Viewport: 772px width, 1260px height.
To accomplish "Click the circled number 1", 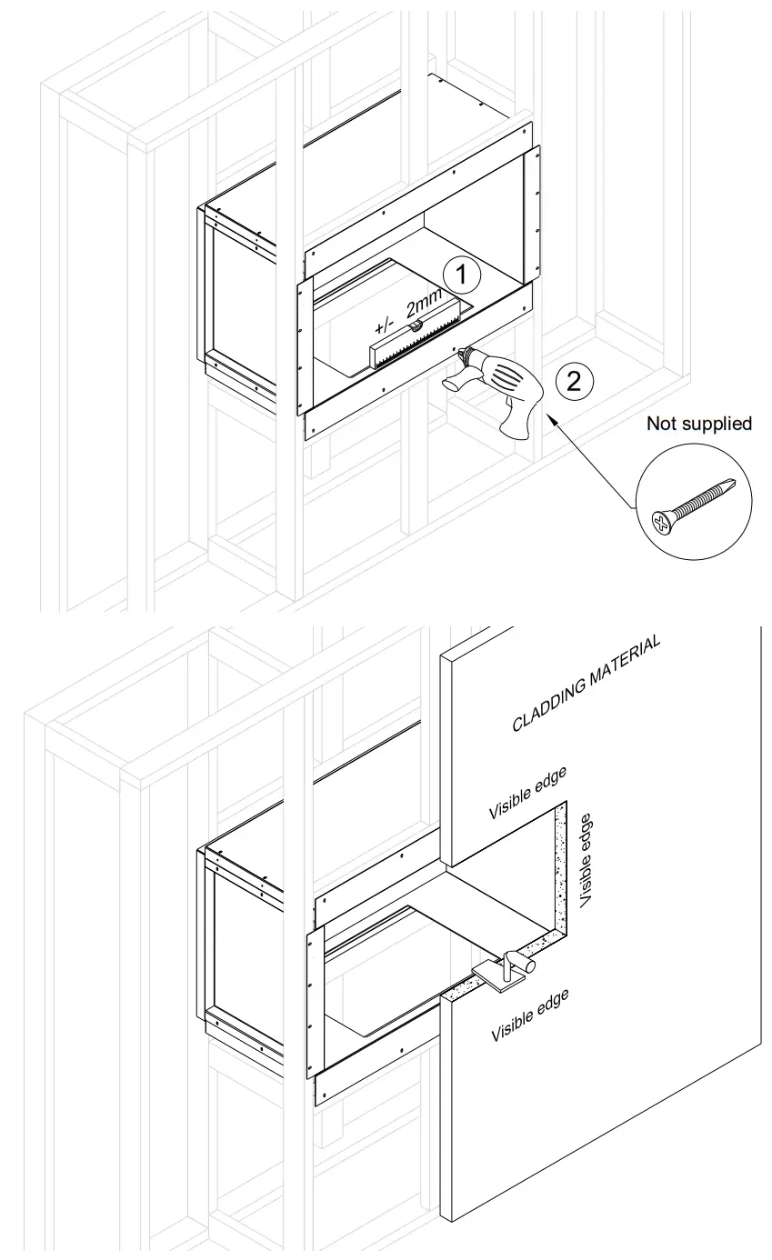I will pyautogui.click(x=461, y=273).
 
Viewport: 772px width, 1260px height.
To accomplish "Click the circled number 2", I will pyautogui.click(x=573, y=380).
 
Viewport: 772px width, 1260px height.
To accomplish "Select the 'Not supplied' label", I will pyautogui.click(x=698, y=424).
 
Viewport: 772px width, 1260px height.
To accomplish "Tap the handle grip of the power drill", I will pyautogui.click(x=519, y=420).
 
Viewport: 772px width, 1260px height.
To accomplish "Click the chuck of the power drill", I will pyautogui.click(x=466, y=355).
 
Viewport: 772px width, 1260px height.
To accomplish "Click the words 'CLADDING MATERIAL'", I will pyautogui.click(x=586, y=683).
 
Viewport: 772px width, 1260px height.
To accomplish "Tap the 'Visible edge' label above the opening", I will pyautogui.click(x=527, y=794).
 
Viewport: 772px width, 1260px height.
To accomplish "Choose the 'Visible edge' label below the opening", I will pyautogui.click(x=529, y=1016).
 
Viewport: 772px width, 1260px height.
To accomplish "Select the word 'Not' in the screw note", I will pyautogui.click(x=659, y=424).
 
